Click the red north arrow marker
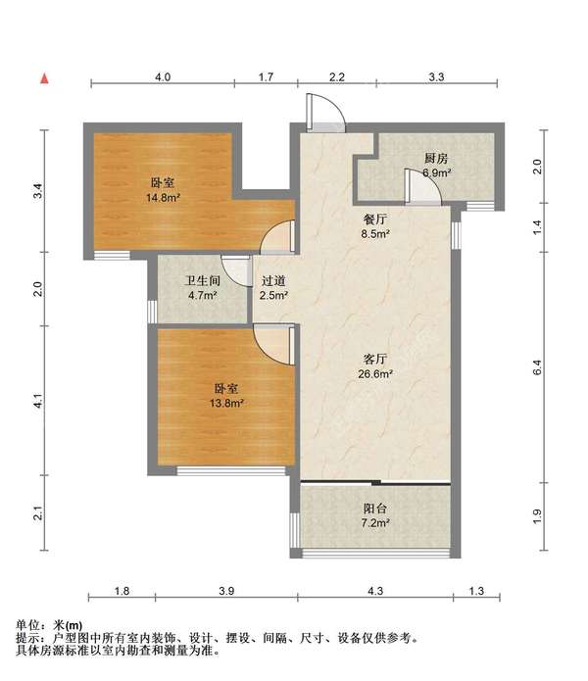44,78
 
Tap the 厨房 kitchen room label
435,159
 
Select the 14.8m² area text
163,198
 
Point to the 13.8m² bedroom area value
226,403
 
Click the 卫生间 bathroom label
202,280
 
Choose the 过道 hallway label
273,281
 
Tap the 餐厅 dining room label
375,219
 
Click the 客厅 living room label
375,360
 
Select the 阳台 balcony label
374,509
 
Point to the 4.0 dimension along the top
163,76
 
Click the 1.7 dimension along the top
266,76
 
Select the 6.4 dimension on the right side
537,367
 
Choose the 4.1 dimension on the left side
38,401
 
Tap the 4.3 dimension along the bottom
375,591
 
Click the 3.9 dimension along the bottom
226,591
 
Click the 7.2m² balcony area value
375,523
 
